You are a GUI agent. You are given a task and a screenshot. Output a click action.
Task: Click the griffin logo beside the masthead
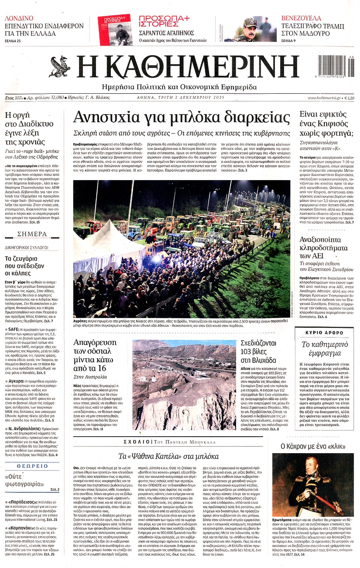click(60, 66)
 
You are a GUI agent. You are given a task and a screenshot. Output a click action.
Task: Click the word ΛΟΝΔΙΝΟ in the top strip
click(19, 18)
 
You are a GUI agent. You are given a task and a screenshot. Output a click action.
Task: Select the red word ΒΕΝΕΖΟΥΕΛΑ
click(301, 18)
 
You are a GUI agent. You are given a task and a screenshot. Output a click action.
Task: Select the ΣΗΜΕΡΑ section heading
click(32, 234)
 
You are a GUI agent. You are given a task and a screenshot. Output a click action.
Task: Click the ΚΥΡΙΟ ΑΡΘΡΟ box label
click(324, 333)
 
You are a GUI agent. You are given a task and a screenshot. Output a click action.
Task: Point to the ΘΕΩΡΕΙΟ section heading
click(32, 466)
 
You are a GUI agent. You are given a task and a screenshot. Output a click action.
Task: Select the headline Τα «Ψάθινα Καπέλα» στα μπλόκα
click(168, 456)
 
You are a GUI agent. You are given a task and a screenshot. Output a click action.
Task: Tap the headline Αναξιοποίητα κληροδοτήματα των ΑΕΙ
click(323, 248)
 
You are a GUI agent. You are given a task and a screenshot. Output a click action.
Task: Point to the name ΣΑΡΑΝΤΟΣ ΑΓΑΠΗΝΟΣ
click(166, 33)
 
